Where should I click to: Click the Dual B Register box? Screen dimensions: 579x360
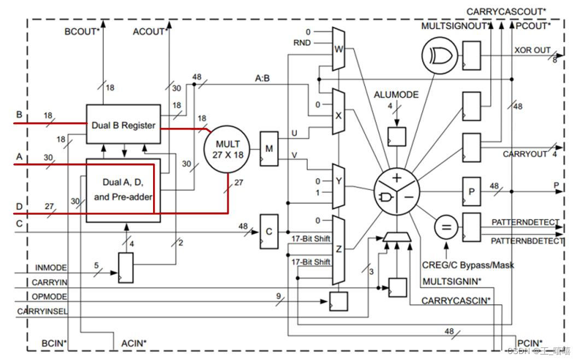coord(124,125)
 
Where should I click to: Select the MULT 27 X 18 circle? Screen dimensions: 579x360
coord(227,149)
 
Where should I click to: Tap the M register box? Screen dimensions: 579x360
coord(269,149)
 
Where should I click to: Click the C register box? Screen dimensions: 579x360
coord(269,232)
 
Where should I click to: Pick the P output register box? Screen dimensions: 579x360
coord(471,191)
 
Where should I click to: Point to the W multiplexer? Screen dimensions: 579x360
coord(338,49)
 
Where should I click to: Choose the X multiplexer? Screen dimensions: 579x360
coord(338,112)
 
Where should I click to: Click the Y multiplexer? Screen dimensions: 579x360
coord(338,186)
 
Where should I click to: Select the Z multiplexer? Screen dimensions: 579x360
coord(338,250)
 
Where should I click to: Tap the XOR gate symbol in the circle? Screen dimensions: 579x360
coord(440,56)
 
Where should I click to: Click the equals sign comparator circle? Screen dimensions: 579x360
coord(446,227)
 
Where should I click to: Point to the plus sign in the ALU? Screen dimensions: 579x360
coord(397,178)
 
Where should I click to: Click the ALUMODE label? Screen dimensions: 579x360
coord(396,95)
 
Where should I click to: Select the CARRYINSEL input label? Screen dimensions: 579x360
coord(43,311)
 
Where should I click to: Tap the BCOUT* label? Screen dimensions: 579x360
coord(82,32)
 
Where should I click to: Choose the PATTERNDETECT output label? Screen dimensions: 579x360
coord(525,222)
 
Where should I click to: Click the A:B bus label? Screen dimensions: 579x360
coord(262,78)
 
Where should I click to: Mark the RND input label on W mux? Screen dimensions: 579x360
coord(302,43)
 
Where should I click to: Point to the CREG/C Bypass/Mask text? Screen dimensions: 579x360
coord(468,265)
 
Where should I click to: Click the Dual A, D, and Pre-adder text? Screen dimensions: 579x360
coord(123,190)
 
